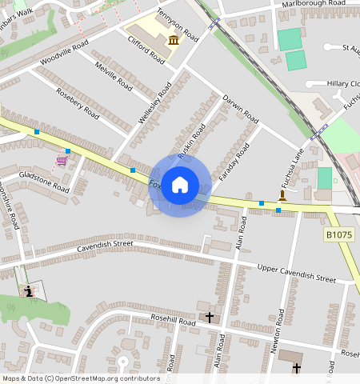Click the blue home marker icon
[180, 185]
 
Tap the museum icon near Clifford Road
[174, 40]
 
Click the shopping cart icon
[62, 161]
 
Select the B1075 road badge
[340, 235]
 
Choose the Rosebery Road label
[78, 102]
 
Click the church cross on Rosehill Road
[210, 318]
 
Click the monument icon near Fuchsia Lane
[282, 195]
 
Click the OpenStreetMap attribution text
[81, 378]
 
